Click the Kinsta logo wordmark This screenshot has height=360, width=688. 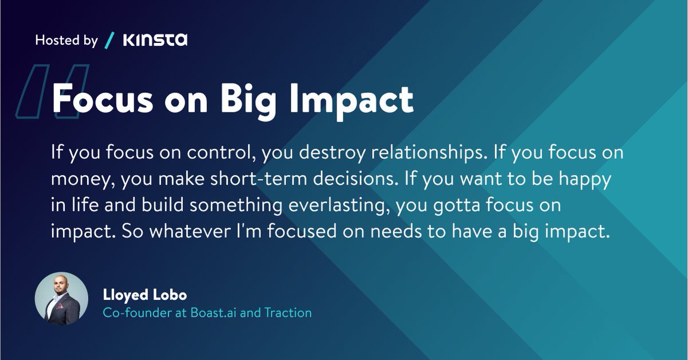[x=155, y=40]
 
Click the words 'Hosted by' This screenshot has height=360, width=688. [x=67, y=41]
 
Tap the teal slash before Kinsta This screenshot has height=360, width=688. [x=110, y=40]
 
